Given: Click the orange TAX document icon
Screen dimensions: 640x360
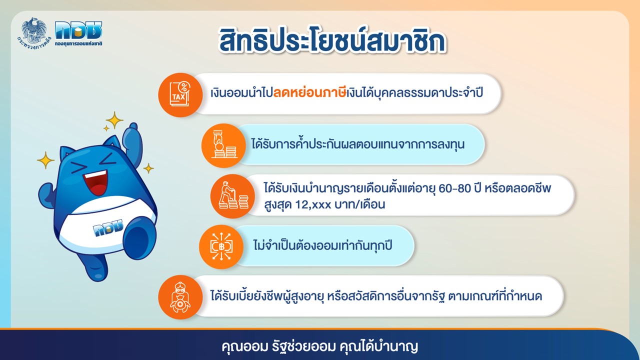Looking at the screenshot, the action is click(x=180, y=94).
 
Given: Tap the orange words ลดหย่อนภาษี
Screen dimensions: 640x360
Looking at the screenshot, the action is click(x=309, y=93).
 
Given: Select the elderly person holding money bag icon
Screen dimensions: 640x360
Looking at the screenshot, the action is click(x=179, y=297).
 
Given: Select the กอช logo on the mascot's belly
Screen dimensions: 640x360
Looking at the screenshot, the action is click(x=107, y=227).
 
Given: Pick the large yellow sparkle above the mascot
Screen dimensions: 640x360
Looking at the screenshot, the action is click(x=114, y=120).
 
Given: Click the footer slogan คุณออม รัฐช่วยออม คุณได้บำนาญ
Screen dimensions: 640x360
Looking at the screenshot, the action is click(x=320, y=346).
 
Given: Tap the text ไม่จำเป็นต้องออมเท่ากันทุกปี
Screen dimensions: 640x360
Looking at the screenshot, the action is click(x=323, y=245).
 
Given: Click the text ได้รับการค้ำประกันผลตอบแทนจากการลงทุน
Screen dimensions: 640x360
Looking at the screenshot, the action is click(x=358, y=144).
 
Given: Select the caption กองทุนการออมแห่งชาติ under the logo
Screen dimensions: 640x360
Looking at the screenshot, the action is click(x=78, y=43).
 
